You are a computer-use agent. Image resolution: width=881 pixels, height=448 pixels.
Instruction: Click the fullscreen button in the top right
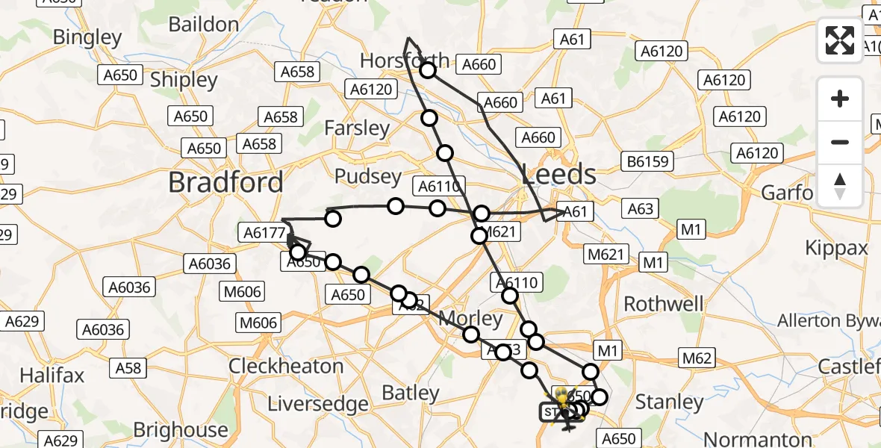click(x=840, y=40)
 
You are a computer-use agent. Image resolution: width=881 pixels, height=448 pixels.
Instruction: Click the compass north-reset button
click(x=840, y=186)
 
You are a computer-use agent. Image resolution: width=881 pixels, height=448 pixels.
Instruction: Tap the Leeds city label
click(x=559, y=175)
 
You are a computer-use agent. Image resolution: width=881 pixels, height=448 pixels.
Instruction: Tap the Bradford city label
click(x=225, y=182)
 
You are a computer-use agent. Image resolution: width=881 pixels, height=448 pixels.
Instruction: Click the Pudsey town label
click(x=368, y=177)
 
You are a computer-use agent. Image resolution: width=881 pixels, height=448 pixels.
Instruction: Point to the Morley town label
click(x=470, y=319)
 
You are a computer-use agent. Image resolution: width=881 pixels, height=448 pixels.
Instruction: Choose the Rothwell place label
click(x=663, y=304)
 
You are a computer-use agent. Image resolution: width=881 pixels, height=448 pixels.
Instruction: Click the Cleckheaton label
click(x=286, y=367)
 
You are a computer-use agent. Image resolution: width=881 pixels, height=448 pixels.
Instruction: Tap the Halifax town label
click(x=52, y=375)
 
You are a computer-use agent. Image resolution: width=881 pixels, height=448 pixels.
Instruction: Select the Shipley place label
click(x=184, y=80)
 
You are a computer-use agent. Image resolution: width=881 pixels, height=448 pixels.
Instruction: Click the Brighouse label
click(x=181, y=430)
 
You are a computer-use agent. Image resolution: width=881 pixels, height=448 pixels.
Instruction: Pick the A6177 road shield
click(x=265, y=233)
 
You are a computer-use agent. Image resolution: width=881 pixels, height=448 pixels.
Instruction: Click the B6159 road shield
click(x=649, y=161)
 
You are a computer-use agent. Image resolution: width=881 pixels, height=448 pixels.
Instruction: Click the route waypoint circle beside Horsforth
click(x=428, y=71)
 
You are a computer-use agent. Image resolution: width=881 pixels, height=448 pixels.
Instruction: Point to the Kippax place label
click(x=837, y=248)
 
